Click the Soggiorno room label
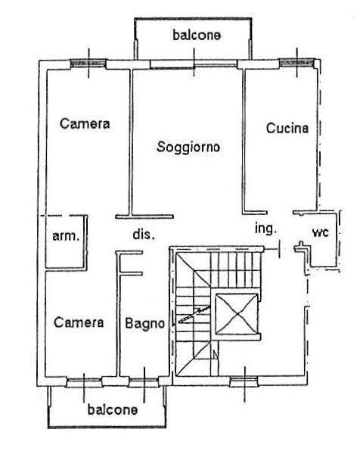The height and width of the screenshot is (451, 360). point(188,147)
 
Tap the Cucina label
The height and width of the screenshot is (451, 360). point(287,128)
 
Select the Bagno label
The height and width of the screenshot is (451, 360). point(144,324)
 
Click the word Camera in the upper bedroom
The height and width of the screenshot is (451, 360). point(85,123)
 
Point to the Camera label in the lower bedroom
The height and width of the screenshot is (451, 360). point(79,322)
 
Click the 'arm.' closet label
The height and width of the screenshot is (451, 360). point(66,236)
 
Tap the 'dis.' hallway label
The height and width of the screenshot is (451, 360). point(144,235)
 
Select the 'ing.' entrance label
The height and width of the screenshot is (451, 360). point(265,229)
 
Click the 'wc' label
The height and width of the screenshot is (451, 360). point(321,232)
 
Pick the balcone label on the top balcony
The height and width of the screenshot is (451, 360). point(197,35)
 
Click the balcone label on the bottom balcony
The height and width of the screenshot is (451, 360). point(113,409)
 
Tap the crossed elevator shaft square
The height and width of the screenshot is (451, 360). point(236,314)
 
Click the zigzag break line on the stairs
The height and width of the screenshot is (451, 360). point(194,314)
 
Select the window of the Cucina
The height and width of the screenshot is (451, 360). point(296,63)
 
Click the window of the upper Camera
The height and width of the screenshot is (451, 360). point(88,64)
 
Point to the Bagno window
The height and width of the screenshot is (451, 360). point(144,383)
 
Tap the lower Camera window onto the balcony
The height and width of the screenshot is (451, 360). point(84,382)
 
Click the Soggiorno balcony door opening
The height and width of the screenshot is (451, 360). point(194,64)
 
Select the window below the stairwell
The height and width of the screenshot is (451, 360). point(244,381)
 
